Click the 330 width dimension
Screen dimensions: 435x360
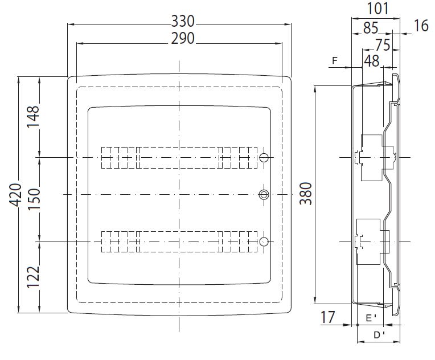(x=183, y=22)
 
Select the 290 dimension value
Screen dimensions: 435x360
(x=183, y=39)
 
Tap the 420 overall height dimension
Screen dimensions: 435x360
(x=16, y=195)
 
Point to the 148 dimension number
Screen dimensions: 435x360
(x=33, y=116)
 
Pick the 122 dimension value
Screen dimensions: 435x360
(x=33, y=277)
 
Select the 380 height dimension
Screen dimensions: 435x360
(x=306, y=194)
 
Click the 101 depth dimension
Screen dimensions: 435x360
(x=378, y=9)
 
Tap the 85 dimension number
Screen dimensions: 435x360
(x=371, y=28)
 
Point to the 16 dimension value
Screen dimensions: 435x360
(x=421, y=26)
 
